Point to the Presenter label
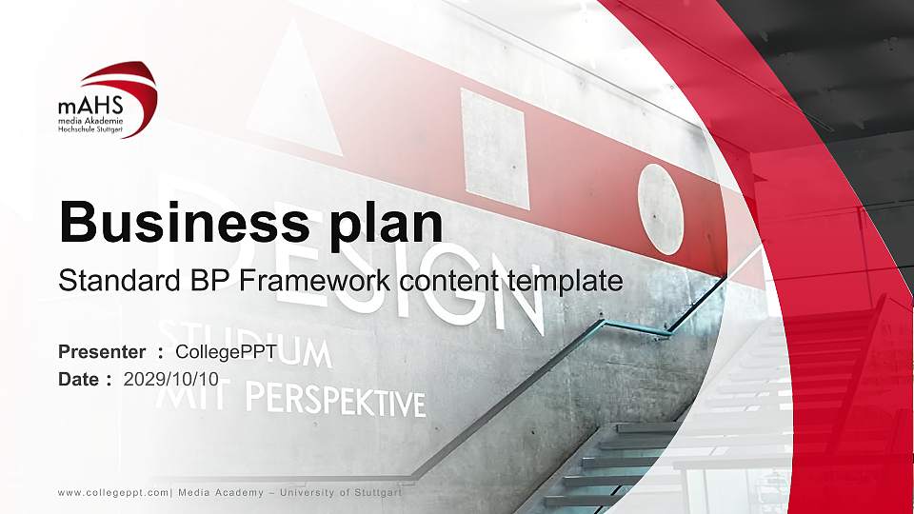102,353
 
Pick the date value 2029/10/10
171,379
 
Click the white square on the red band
494,148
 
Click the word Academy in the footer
236,492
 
